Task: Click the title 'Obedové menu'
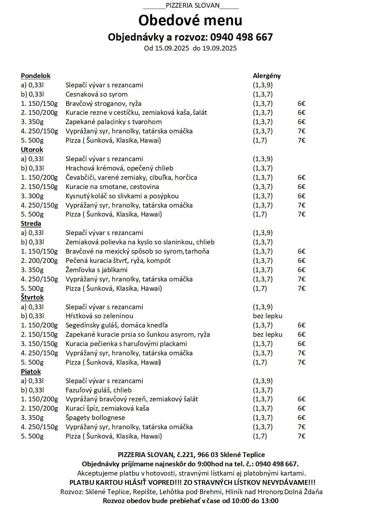pyautogui.click(x=190, y=20)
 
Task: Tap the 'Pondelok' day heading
pyautogui.click(x=36, y=76)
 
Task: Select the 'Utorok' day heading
pyautogui.click(x=32, y=150)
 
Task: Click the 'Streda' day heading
pyautogui.click(x=31, y=224)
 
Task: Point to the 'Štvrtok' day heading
pyautogui.click(x=32, y=297)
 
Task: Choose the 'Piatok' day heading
pyautogui.click(x=31, y=372)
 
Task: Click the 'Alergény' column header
pyautogui.click(x=267, y=76)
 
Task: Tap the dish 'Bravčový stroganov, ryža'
pyautogui.click(x=103, y=104)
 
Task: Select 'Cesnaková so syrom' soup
pyautogui.click(x=96, y=94)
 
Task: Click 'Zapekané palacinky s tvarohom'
pyautogui.click(x=114, y=122)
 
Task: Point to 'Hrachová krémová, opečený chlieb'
pyautogui.click(x=119, y=168)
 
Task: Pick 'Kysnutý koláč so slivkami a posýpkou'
pyautogui.click(x=122, y=196)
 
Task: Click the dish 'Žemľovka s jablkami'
pyautogui.click(x=96, y=270)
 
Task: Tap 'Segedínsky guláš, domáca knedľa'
pyautogui.click(x=117, y=325)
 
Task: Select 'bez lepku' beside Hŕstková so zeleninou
pyautogui.click(x=268, y=316)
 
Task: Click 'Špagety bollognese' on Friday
pyautogui.click(x=95, y=418)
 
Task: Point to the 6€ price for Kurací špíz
pyautogui.click(x=301, y=408)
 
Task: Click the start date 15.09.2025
pyautogui.click(x=170, y=48)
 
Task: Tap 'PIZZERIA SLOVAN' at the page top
pyautogui.click(x=193, y=5)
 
